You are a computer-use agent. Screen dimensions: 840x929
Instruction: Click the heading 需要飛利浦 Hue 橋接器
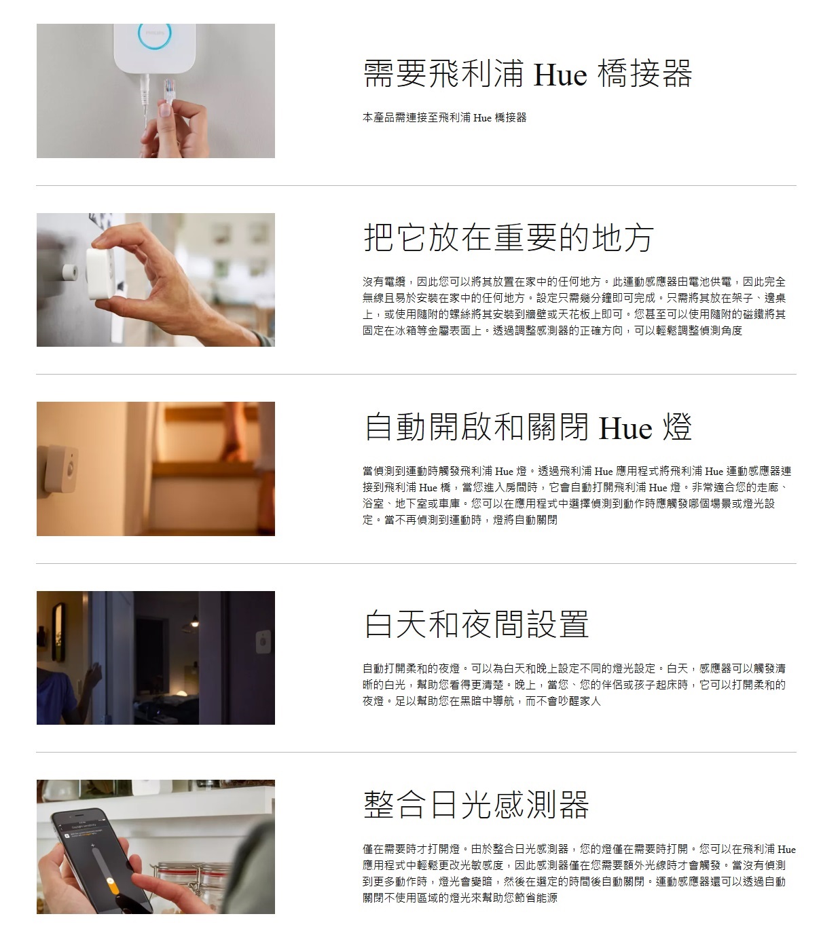[x=528, y=74]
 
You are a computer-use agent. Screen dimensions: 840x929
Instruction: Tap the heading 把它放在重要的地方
[x=509, y=238]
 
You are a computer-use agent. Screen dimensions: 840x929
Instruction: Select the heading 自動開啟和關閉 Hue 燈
[x=528, y=427]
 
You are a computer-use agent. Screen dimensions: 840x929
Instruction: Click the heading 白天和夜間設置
[x=477, y=624]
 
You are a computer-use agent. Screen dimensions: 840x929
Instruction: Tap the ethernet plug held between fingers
[x=168, y=92]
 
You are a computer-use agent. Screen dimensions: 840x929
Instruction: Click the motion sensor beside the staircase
[x=61, y=468]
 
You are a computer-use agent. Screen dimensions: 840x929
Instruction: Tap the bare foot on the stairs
[x=232, y=448]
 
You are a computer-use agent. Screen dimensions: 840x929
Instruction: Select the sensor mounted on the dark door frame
[x=263, y=642]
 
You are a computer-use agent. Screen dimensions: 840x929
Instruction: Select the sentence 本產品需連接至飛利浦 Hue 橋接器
[x=445, y=117]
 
